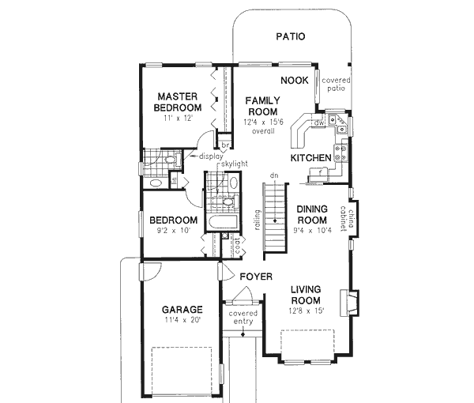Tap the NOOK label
pyautogui.click(x=294, y=81)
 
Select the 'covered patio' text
pyautogui.click(x=336, y=85)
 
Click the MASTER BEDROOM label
pyautogui.click(x=179, y=100)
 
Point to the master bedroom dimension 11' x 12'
pyautogui.click(x=179, y=119)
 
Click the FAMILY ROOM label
pyautogui.click(x=260, y=106)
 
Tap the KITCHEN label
pyautogui.click(x=310, y=159)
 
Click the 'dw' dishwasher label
pyautogui.click(x=319, y=123)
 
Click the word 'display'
pyautogui.click(x=211, y=156)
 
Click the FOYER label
pyautogui.click(x=257, y=277)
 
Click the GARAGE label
pyautogui.click(x=181, y=309)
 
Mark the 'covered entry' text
pyautogui.click(x=243, y=318)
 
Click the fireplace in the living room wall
pyautogui.click(x=348, y=303)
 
